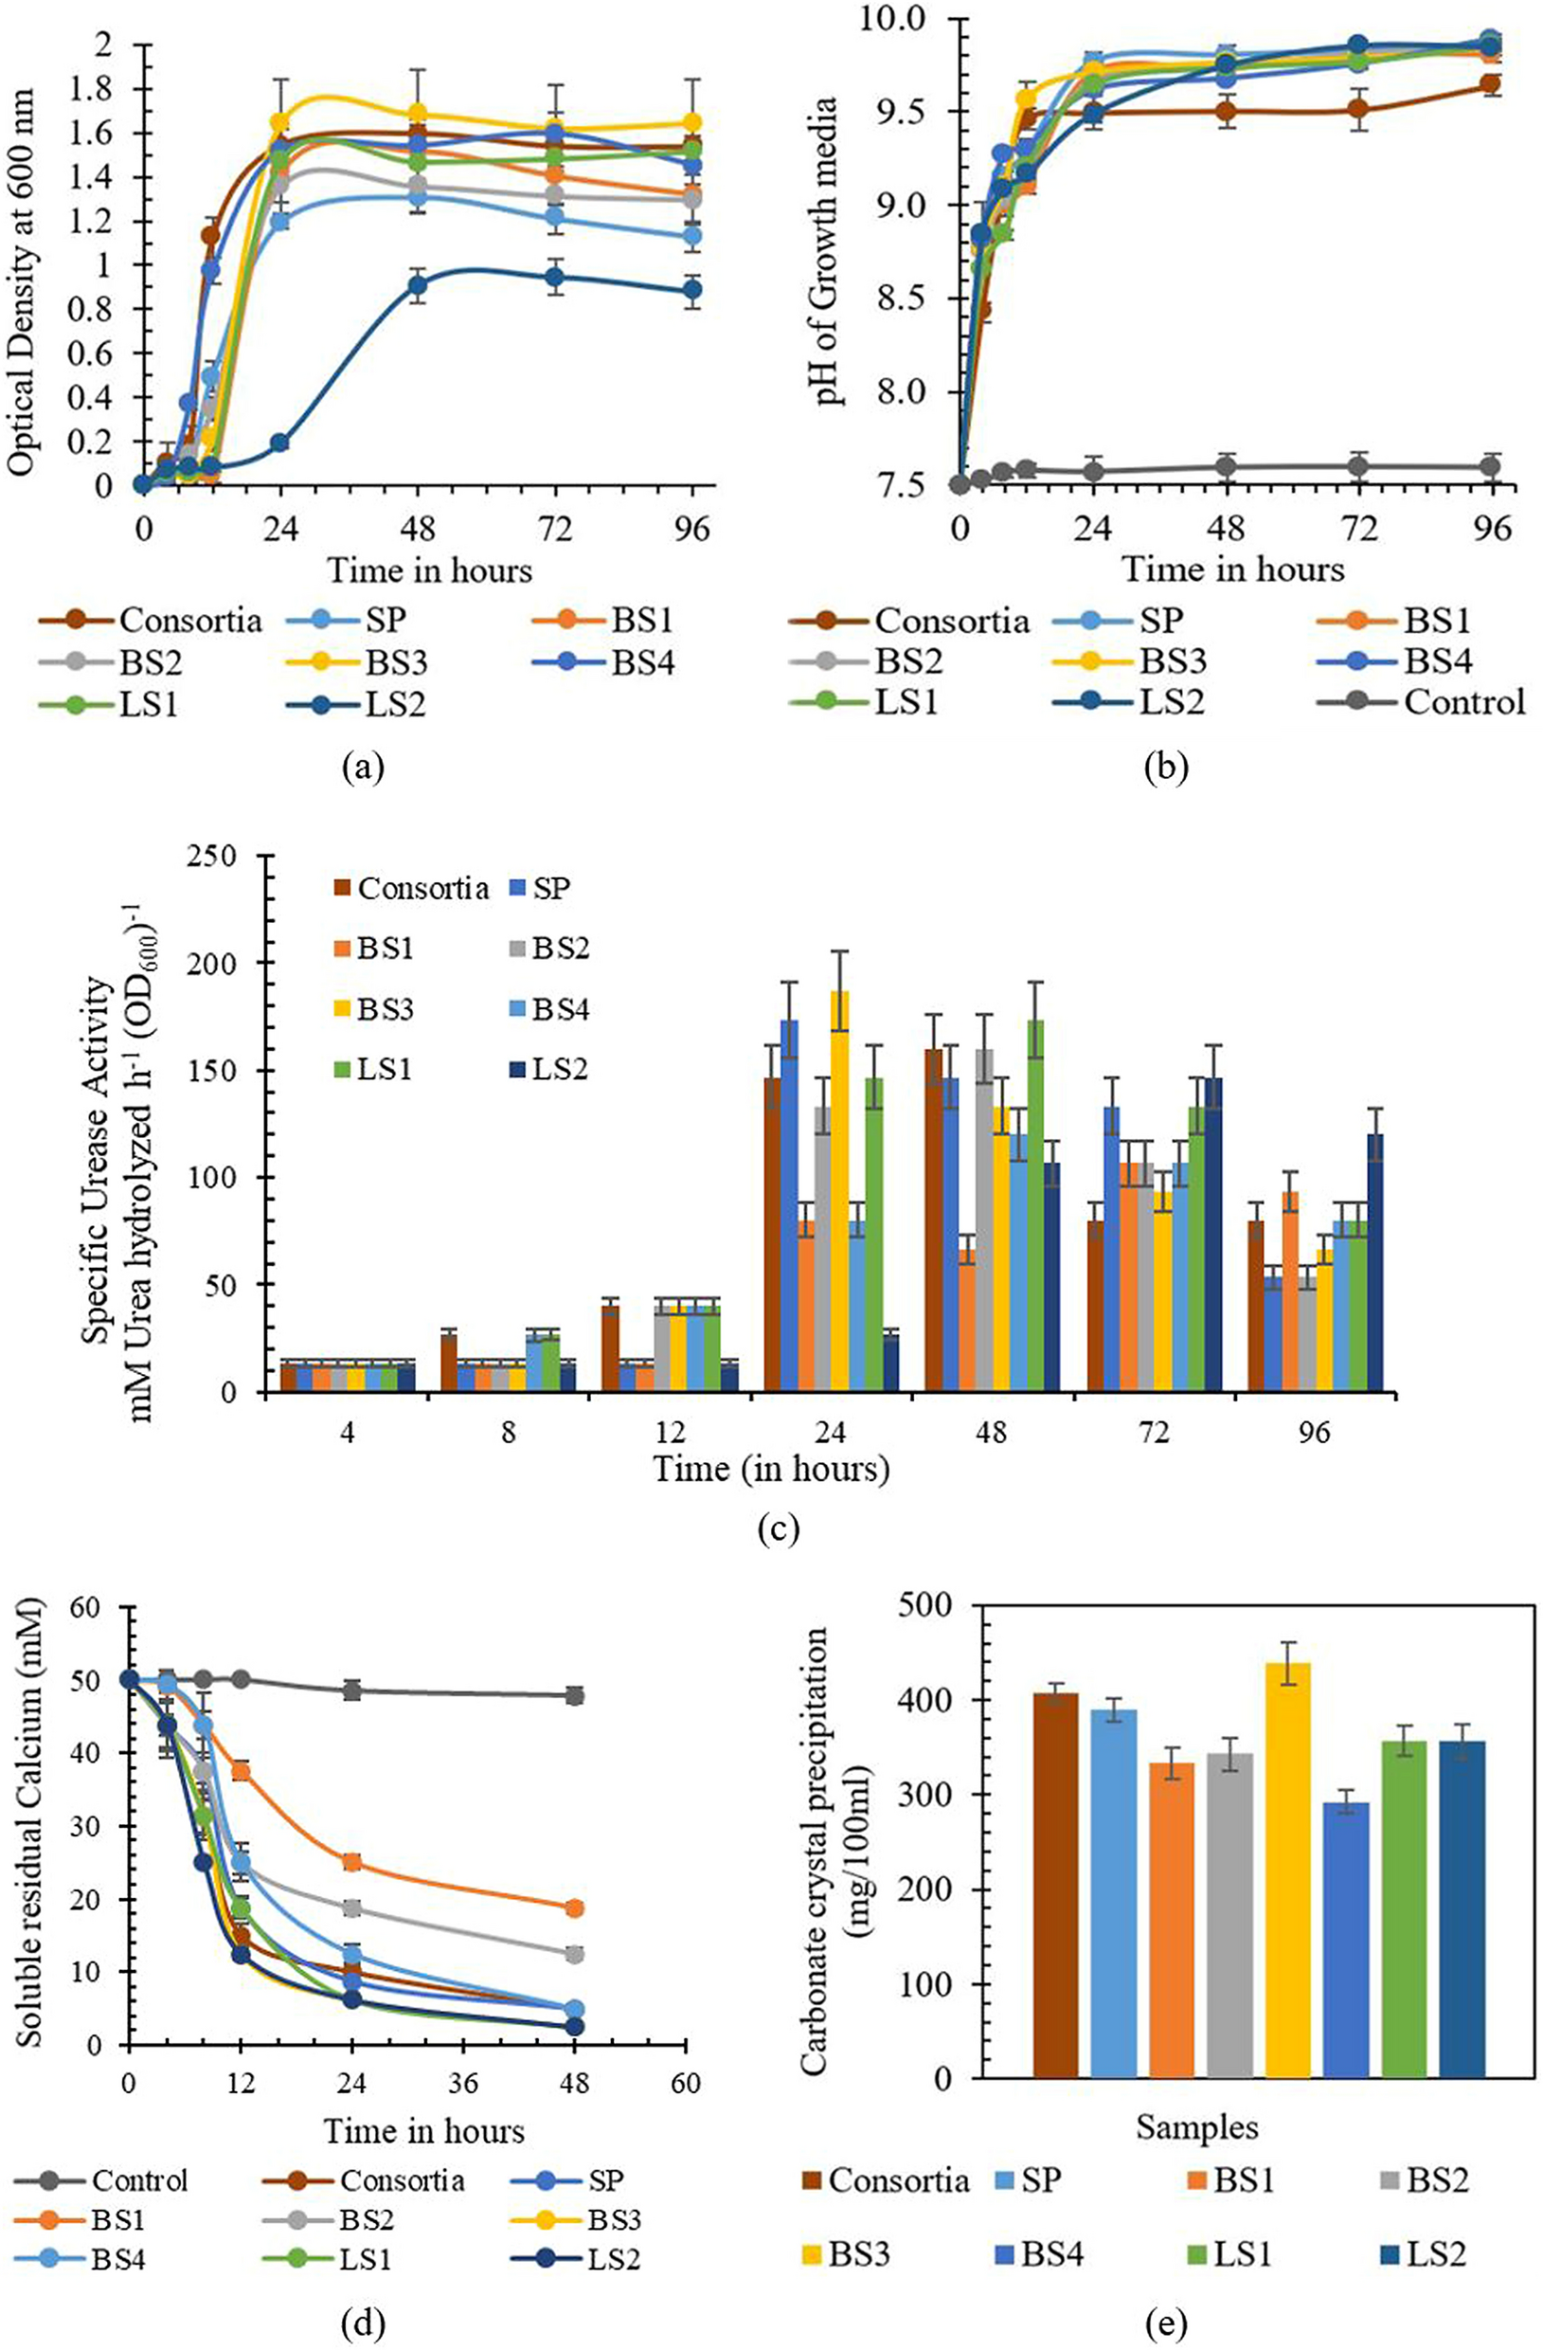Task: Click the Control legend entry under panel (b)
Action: click(x=1463, y=702)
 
